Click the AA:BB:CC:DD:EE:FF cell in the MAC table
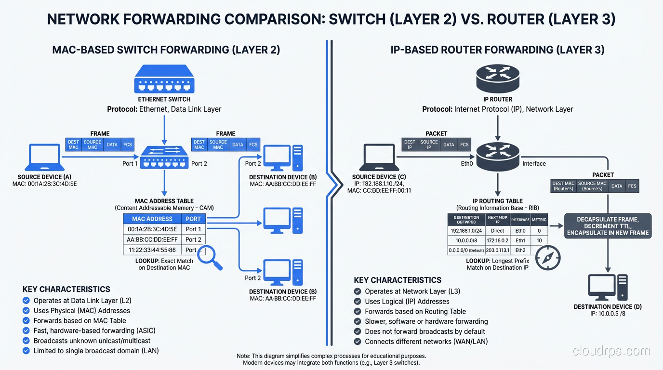coord(152,239)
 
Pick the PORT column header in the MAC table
coord(193,219)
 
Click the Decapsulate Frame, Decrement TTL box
coord(608,226)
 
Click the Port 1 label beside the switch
coord(130,164)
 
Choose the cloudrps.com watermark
coord(610,351)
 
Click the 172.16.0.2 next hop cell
coord(498,240)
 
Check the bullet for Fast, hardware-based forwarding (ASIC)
coord(27,331)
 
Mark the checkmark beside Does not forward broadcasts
coord(358,331)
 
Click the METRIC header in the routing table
coord(539,220)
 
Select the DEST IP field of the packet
coord(410,145)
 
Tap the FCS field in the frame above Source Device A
coord(128,145)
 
